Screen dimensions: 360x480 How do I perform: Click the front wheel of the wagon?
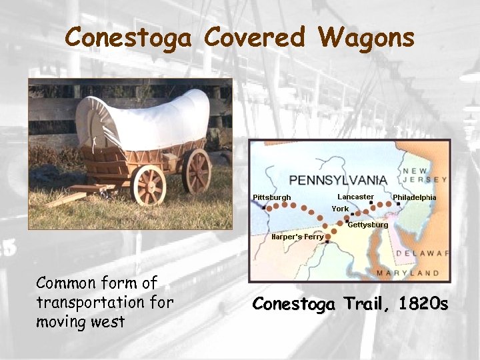pos(148,184)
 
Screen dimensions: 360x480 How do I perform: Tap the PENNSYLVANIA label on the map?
pos(338,180)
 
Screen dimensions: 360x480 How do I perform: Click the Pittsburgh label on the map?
pos(272,197)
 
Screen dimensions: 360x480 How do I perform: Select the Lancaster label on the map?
pos(355,197)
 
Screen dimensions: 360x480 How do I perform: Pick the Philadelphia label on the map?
pos(414,197)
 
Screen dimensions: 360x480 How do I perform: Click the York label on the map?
pos(340,209)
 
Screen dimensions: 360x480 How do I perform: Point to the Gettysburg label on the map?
pos(368,225)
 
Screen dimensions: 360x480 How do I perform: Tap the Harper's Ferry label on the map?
pos(297,237)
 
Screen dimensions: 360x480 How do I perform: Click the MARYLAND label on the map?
pos(407,273)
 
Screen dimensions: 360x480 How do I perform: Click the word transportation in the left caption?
pos(83,302)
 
